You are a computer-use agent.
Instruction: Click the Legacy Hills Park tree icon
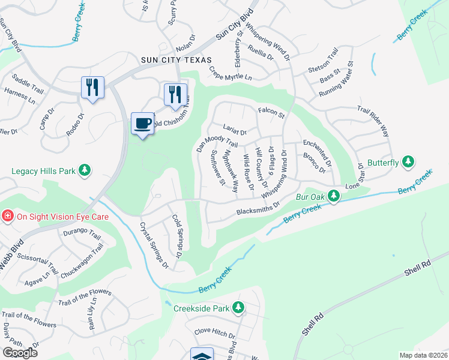pos(85,171)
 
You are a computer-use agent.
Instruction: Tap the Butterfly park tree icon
pos(408,162)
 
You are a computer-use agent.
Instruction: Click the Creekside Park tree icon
pos(238,308)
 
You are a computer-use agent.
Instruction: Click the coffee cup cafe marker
pos(142,124)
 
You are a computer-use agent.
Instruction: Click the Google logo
pos(20,353)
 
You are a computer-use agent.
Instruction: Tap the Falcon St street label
pos(271,112)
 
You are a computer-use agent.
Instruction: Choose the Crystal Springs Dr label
pos(153,245)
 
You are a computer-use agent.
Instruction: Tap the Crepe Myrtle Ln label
pos(231,74)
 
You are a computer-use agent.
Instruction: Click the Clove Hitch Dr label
pos(214,332)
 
